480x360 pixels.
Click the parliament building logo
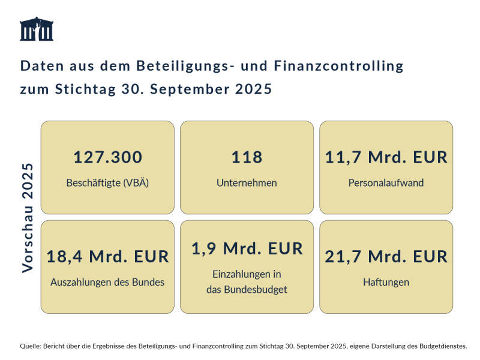click(x=37, y=29)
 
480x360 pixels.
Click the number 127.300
click(x=107, y=157)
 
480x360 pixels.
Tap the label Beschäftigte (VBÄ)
click(x=107, y=183)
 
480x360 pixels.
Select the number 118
click(x=247, y=157)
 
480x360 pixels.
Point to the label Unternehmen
click(x=247, y=183)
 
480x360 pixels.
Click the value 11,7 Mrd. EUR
click(x=386, y=157)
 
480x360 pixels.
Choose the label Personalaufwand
click(x=386, y=183)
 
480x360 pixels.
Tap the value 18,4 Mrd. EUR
click(x=107, y=257)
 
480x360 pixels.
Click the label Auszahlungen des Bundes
click(x=107, y=282)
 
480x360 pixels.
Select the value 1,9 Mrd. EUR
click(x=247, y=248)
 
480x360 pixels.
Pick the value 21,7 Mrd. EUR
click(x=386, y=257)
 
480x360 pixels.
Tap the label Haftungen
click(x=386, y=282)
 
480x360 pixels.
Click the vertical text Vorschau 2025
click(x=28, y=217)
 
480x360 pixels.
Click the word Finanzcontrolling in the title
click(x=338, y=65)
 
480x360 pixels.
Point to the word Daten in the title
click(x=40, y=65)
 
